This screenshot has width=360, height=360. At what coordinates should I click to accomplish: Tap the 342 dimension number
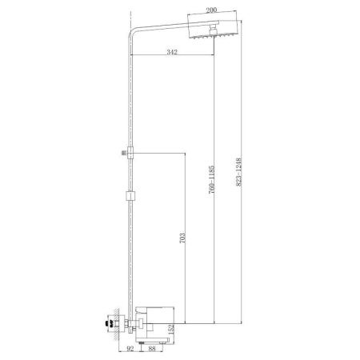(171, 51)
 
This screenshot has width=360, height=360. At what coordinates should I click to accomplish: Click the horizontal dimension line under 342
(171, 57)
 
